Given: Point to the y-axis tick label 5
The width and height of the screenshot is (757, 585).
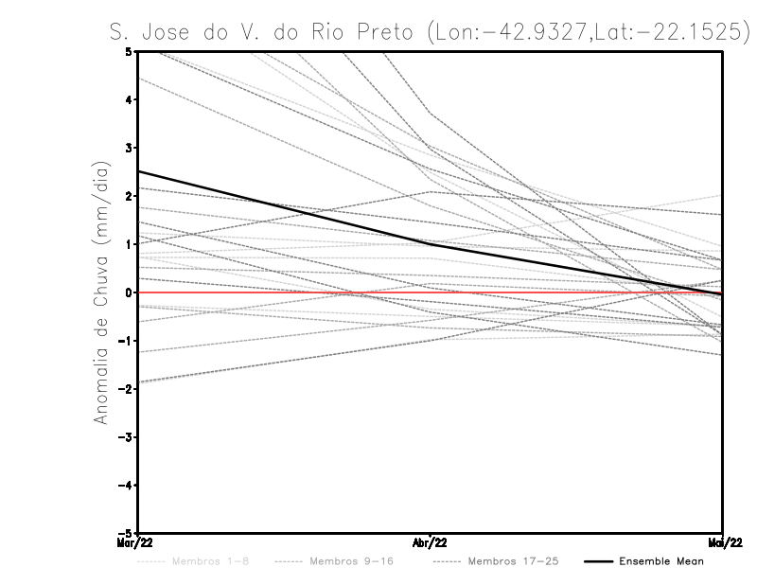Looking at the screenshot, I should pyautogui.click(x=128, y=51).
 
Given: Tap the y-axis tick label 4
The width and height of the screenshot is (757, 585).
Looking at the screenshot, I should pyautogui.click(x=128, y=99).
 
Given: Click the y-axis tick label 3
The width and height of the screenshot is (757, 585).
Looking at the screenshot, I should pyautogui.click(x=128, y=148).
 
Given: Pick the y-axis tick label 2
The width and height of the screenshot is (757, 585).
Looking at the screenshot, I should pyautogui.click(x=128, y=196).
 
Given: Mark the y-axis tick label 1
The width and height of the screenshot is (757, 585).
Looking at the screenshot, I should pyautogui.click(x=128, y=244).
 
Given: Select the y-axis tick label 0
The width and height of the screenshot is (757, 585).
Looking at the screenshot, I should pyautogui.click(x=128, y=292).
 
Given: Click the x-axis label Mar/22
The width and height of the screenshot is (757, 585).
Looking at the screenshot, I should pyautogui.click(x=136, y=542).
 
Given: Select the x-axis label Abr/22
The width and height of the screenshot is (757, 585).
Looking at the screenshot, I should pyautogui.click(x=431, y=542).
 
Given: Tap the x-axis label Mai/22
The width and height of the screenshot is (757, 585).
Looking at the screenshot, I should pyautogui.click(x=723, y=542).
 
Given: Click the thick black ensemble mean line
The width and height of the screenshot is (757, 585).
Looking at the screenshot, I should pyautogui.click(x=284, y=207).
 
